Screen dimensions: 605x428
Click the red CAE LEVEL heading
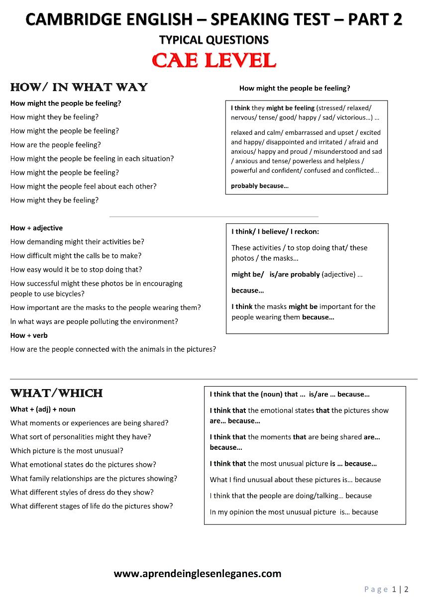coord(214,61)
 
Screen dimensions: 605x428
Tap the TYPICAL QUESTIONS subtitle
coord(214,40)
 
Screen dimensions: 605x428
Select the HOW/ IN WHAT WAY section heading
coord(79,88)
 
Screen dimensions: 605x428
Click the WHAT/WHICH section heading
coord(56,394)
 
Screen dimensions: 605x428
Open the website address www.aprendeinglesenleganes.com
coord(198,574)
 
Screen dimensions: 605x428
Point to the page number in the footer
coord(387,590)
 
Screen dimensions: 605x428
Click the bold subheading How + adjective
coord(36,228)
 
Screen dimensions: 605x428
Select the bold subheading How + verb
coord(29,335)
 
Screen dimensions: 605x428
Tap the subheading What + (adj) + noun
coord(43,409)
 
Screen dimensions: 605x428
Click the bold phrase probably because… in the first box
coord(259,186)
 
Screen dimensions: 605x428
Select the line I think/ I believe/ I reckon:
coord(275,231)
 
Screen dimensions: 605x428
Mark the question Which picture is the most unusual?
coord(67,451)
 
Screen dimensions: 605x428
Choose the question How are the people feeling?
coord(55,145)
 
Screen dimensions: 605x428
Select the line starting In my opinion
coord(294,512)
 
